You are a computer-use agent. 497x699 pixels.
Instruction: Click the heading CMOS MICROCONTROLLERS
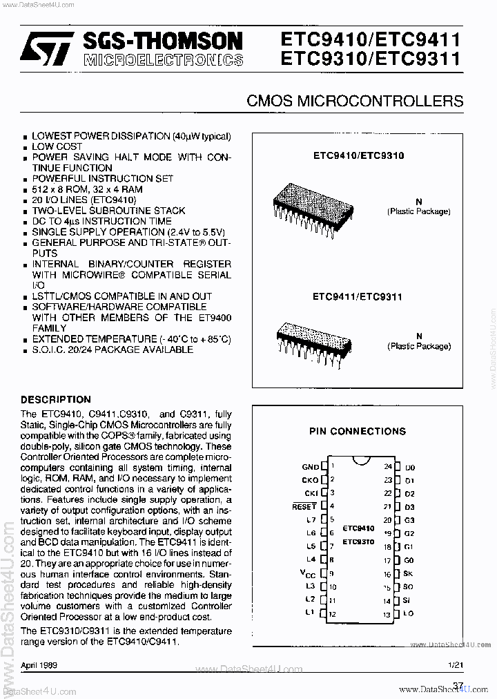pos(355,101)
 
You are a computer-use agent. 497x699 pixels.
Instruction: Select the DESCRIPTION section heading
pos(56,399)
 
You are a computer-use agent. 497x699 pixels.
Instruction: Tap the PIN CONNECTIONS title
pos(358,431)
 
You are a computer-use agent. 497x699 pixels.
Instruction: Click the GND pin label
pos(310,468)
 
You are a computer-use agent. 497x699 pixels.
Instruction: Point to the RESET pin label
pos(304,506)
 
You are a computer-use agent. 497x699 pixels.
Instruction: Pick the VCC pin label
pos(309,573)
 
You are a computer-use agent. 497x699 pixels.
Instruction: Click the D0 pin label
pos(410,468)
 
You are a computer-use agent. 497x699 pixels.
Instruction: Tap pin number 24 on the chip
pos(388,466)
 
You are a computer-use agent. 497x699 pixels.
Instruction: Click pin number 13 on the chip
pos(388,614)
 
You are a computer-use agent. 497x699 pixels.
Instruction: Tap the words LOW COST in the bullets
pos(57,146)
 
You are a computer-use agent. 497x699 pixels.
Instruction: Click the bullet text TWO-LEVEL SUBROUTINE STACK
pos(108,211)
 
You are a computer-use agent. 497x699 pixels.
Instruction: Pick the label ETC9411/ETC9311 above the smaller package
pos(358,296)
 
